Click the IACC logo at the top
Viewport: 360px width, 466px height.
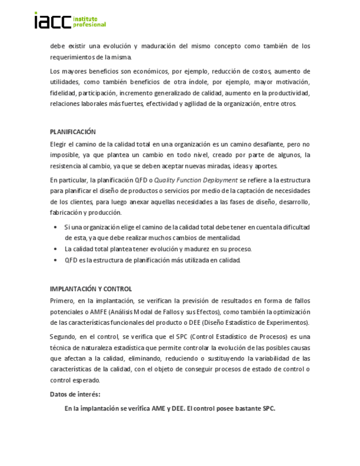[x=69, y=21]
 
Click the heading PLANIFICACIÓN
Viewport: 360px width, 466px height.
[x=73, y=132]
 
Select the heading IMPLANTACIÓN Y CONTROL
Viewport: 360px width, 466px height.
[x=91, y=289]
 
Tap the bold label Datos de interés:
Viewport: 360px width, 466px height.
[x=75, y=394]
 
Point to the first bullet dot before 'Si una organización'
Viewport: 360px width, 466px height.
[x=55, y=227]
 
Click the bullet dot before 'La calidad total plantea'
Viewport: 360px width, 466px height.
[x=55, y=249]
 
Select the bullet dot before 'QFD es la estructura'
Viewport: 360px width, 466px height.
[x=55, y=260]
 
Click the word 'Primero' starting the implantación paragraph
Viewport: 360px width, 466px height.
[x=61, y=301]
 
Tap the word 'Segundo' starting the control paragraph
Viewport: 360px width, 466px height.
[x=62, y=336]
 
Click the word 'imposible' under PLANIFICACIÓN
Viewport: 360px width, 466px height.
[x=64, y=155]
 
